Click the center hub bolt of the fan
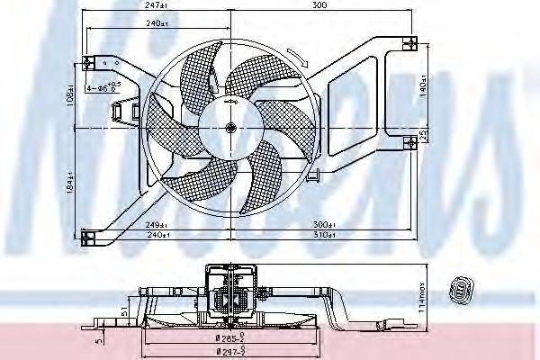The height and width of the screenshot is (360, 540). pyautogui.click(x=230, y=127)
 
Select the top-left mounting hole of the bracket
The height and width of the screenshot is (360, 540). pyautogui.click(x=88, y=62)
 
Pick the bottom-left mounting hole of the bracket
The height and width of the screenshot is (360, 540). pyautogui.click(x=88, y=237)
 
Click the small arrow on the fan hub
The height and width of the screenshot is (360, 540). pyautogui.click(x=231, y=107)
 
